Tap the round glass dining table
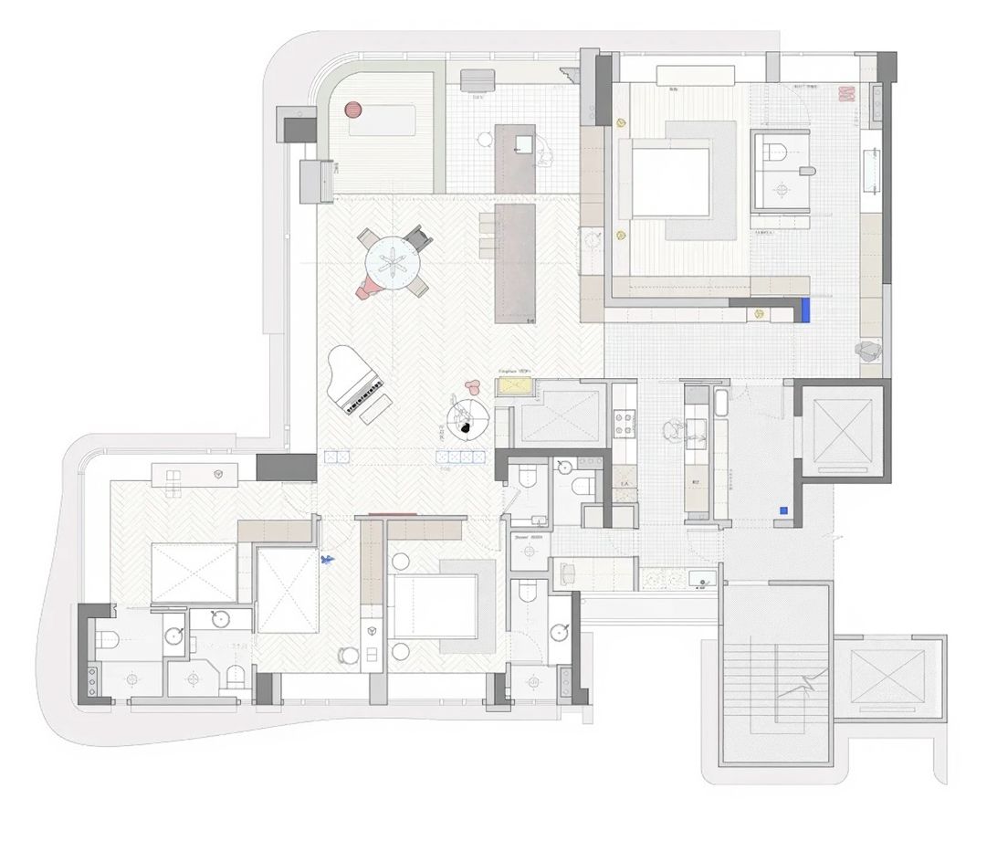(x=392, y=263)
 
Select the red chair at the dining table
(x=368, y=288)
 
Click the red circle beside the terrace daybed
(x=353, y=110)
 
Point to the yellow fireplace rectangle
(x=514, y=387)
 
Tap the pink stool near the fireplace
(x=472, y=387)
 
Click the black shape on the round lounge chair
(x=465, y=426)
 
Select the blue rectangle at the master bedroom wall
(x=806, y=310)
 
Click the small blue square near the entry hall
(x=783, y=510)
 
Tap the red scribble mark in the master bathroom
(x=845, y=93)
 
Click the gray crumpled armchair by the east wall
(x=868, y=351)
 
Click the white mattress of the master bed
(x=670, y=181)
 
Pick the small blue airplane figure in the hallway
(x=327, y=559)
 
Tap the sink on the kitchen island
(x=525, y=144)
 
